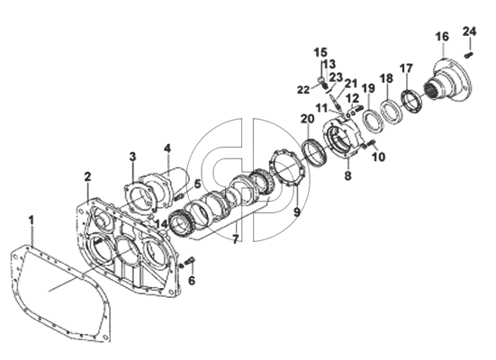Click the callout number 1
point(31,220)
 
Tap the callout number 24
point(469,31)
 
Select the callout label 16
point(442,37)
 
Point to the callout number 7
point(235,239)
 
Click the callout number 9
point(297,212)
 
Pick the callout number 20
point(308,120)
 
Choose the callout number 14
point(162,224)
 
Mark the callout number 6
point(192,280)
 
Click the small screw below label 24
point(468,56)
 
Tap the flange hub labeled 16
point(449,81)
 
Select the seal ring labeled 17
point(412,101)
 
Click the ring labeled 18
point(391,112)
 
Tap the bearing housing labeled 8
point(344,139)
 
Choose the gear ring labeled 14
point(180,223)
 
